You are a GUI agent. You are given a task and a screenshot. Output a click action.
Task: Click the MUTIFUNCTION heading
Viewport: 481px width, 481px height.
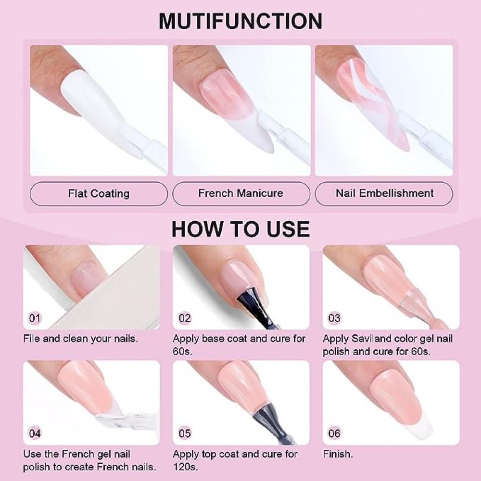tap(240, 21)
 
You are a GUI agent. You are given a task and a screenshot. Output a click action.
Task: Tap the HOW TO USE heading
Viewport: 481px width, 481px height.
tap(240, 228)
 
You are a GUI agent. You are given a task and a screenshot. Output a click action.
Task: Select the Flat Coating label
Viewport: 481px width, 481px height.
tap(99, 193)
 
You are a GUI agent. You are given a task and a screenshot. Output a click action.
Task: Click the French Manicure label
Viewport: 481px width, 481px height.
tap(241, 193)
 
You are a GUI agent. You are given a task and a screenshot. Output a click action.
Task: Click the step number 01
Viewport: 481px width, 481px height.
tap(35, 318)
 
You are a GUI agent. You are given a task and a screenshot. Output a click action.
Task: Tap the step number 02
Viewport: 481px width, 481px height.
tap(185, 318)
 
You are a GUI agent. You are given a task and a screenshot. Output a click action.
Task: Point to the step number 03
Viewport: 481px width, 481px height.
tap(334, 318)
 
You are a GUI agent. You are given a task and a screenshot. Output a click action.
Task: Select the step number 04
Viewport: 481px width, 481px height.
tap(35, 433)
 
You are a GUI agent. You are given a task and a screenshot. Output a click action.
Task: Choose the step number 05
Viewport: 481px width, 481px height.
tap(185, 433)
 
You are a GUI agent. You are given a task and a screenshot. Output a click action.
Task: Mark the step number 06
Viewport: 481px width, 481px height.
tap(334, 433)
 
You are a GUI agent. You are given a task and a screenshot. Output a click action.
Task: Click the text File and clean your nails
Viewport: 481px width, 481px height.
tap(80, 339)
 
